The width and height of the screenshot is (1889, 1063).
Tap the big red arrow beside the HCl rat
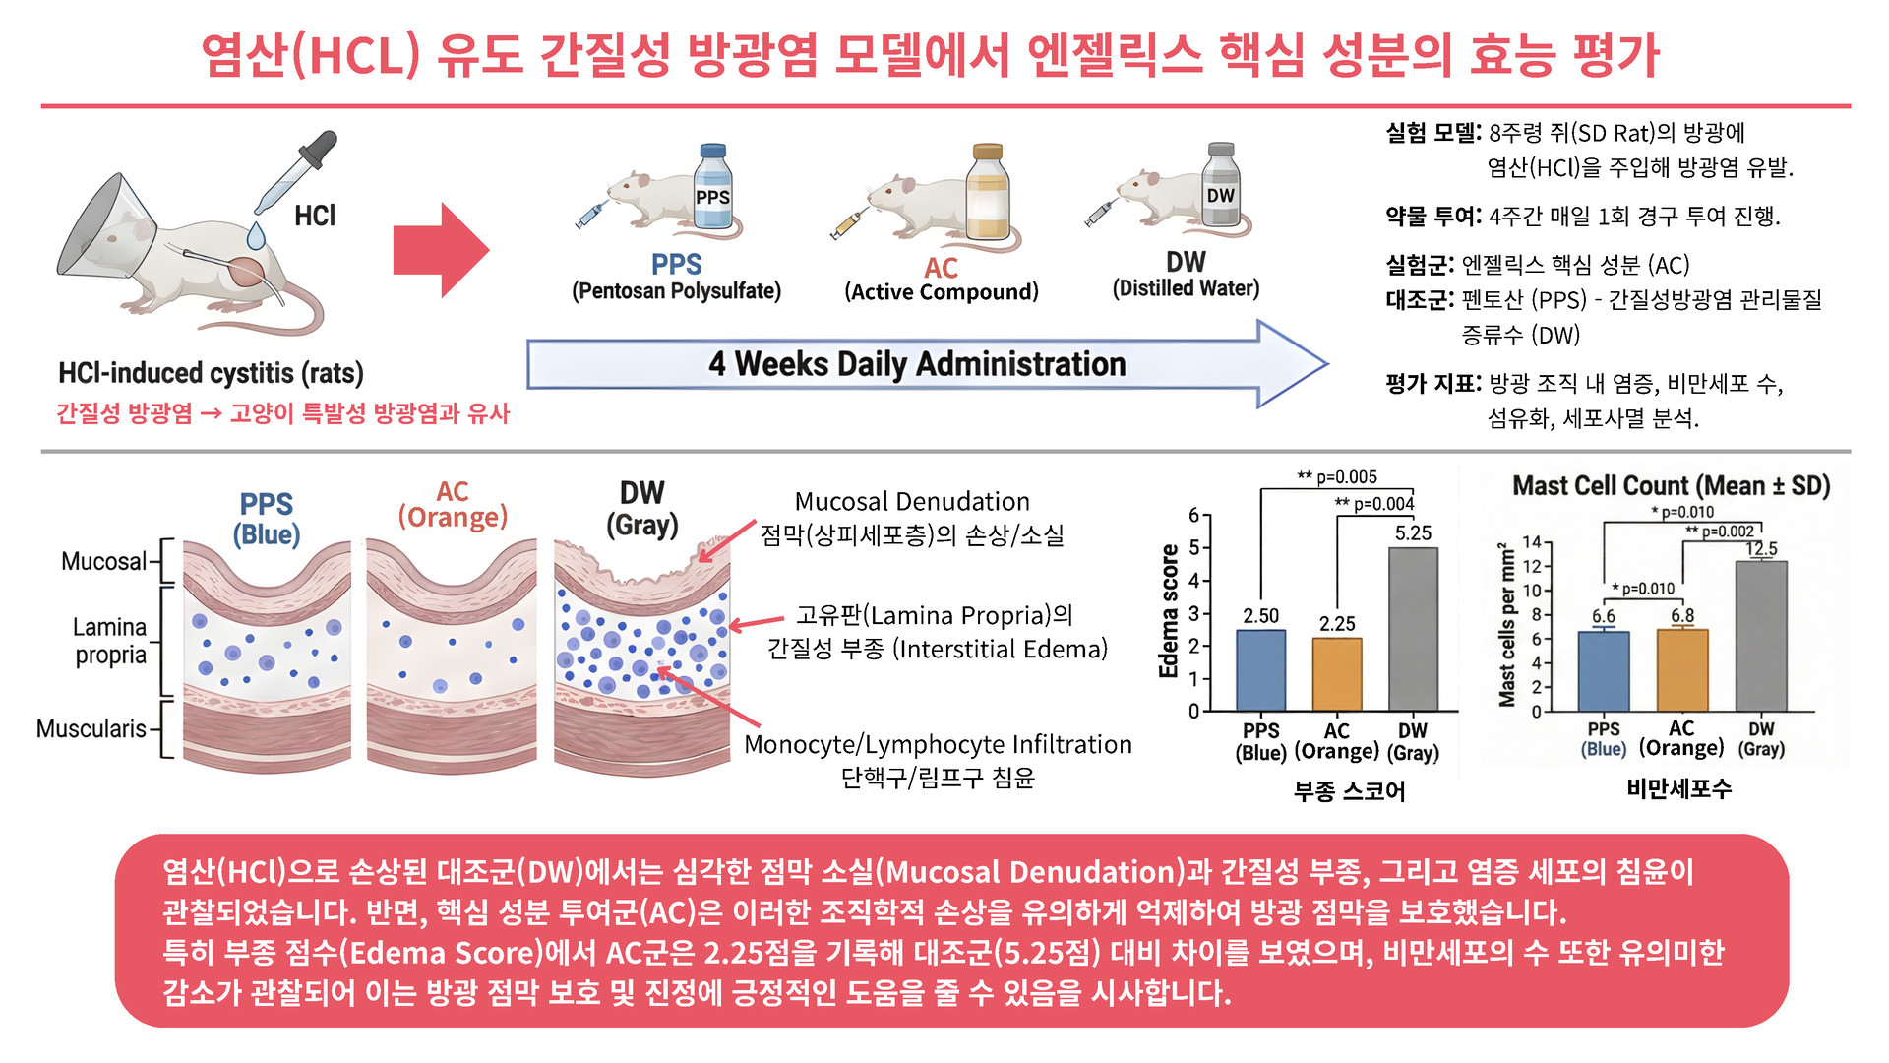(439, 250)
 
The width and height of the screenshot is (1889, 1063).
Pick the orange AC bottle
(987, 191)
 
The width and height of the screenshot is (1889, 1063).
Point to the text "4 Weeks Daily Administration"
(917, 364)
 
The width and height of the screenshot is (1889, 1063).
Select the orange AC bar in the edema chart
(1337, 674)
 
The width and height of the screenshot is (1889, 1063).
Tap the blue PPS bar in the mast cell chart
(1604, 670)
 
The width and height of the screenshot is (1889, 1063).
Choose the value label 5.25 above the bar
(1413, 533)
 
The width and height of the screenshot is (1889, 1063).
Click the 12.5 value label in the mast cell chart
(1761, 549)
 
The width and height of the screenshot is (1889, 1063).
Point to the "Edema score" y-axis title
(1169, 610)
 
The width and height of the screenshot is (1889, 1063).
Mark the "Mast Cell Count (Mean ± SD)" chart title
(1671, 486)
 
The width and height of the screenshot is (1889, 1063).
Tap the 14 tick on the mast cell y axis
(1532, 542)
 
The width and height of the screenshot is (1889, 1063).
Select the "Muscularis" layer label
(91, 729)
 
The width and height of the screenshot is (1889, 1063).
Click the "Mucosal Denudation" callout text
(912, 502)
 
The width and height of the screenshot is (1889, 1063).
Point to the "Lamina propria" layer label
(109, 641)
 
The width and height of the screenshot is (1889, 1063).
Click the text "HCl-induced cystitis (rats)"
(211, 373)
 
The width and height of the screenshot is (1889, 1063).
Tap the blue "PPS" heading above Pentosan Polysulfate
(676, 265)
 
